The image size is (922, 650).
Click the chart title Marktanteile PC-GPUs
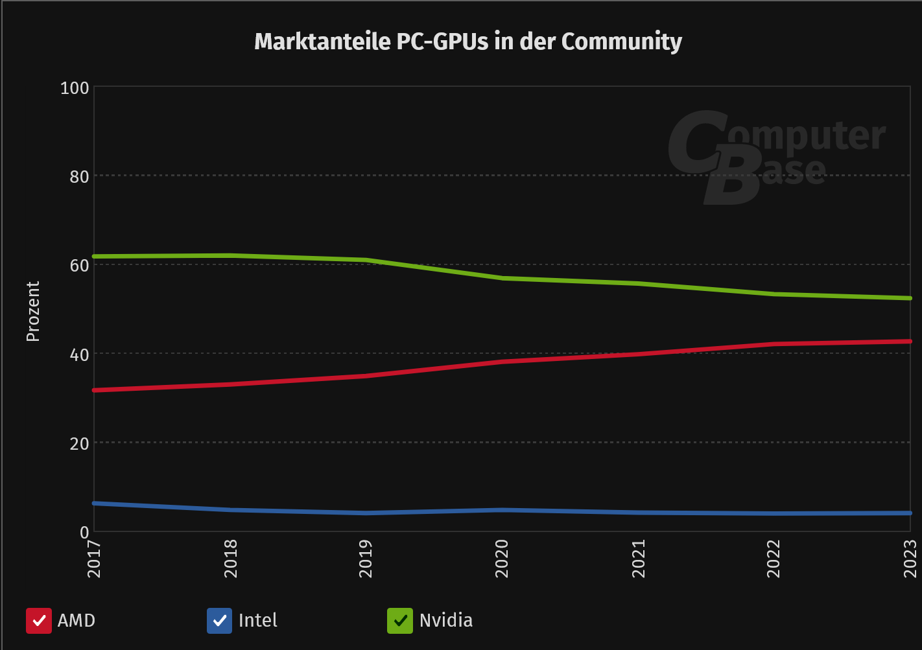point(467,42)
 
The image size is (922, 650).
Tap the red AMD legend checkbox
point(39,620)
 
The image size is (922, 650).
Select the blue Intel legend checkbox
point(219,620)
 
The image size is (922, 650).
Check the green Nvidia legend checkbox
point(400,620)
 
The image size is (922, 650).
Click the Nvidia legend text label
point(446,620)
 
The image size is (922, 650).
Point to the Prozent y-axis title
point(32,311)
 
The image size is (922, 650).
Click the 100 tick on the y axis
point(75,87)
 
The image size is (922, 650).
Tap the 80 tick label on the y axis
point(79,176)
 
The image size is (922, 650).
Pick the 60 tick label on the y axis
point(79,265)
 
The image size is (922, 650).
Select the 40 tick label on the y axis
point(79,354)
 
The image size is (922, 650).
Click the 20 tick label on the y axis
point(79,443)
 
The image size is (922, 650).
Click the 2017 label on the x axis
point(95,558)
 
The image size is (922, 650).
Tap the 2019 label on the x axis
point(366,558)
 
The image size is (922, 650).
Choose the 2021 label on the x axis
point(639,558)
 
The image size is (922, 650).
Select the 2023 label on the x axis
point(910,558)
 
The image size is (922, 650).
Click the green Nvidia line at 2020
point(502,278)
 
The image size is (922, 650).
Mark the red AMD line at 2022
point(774,344)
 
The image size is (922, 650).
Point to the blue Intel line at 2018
point(231,510)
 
